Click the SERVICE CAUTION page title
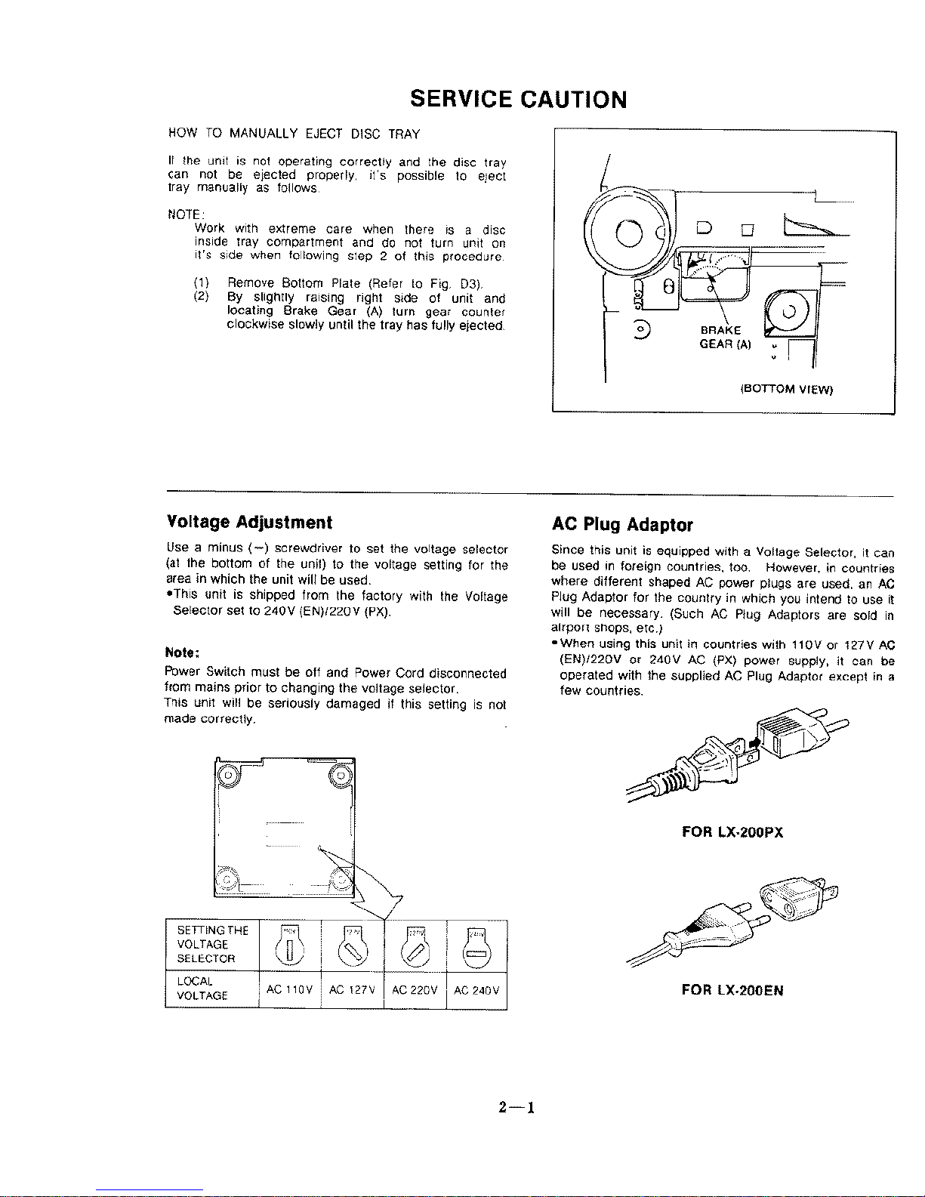[518, 100]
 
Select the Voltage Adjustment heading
[248, 523]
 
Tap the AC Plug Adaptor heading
[622, 524]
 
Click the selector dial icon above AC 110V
[290, 946]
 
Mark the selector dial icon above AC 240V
[476, 946]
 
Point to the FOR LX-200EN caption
[732, 990]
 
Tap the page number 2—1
[516, 1109]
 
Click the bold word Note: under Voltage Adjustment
[181, 652]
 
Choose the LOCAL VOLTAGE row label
[202, 989]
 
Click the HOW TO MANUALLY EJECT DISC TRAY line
[293, 134]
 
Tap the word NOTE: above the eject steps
[181, 213]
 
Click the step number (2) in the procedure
[201, 298]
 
